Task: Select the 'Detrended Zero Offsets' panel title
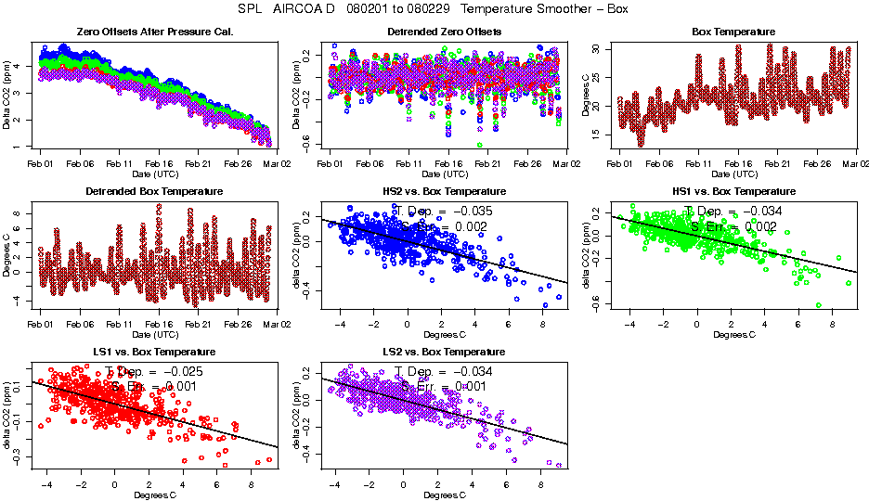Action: [445, 32]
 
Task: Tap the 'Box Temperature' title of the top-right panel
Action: [733, 32]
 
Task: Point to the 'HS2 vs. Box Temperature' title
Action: [445, 191]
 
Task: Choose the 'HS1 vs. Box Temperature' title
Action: [733, 191]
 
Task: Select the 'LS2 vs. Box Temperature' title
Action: [445, 352]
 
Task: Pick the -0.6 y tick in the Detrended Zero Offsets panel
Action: [304, 139]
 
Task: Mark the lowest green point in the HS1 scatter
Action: [819, 304]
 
